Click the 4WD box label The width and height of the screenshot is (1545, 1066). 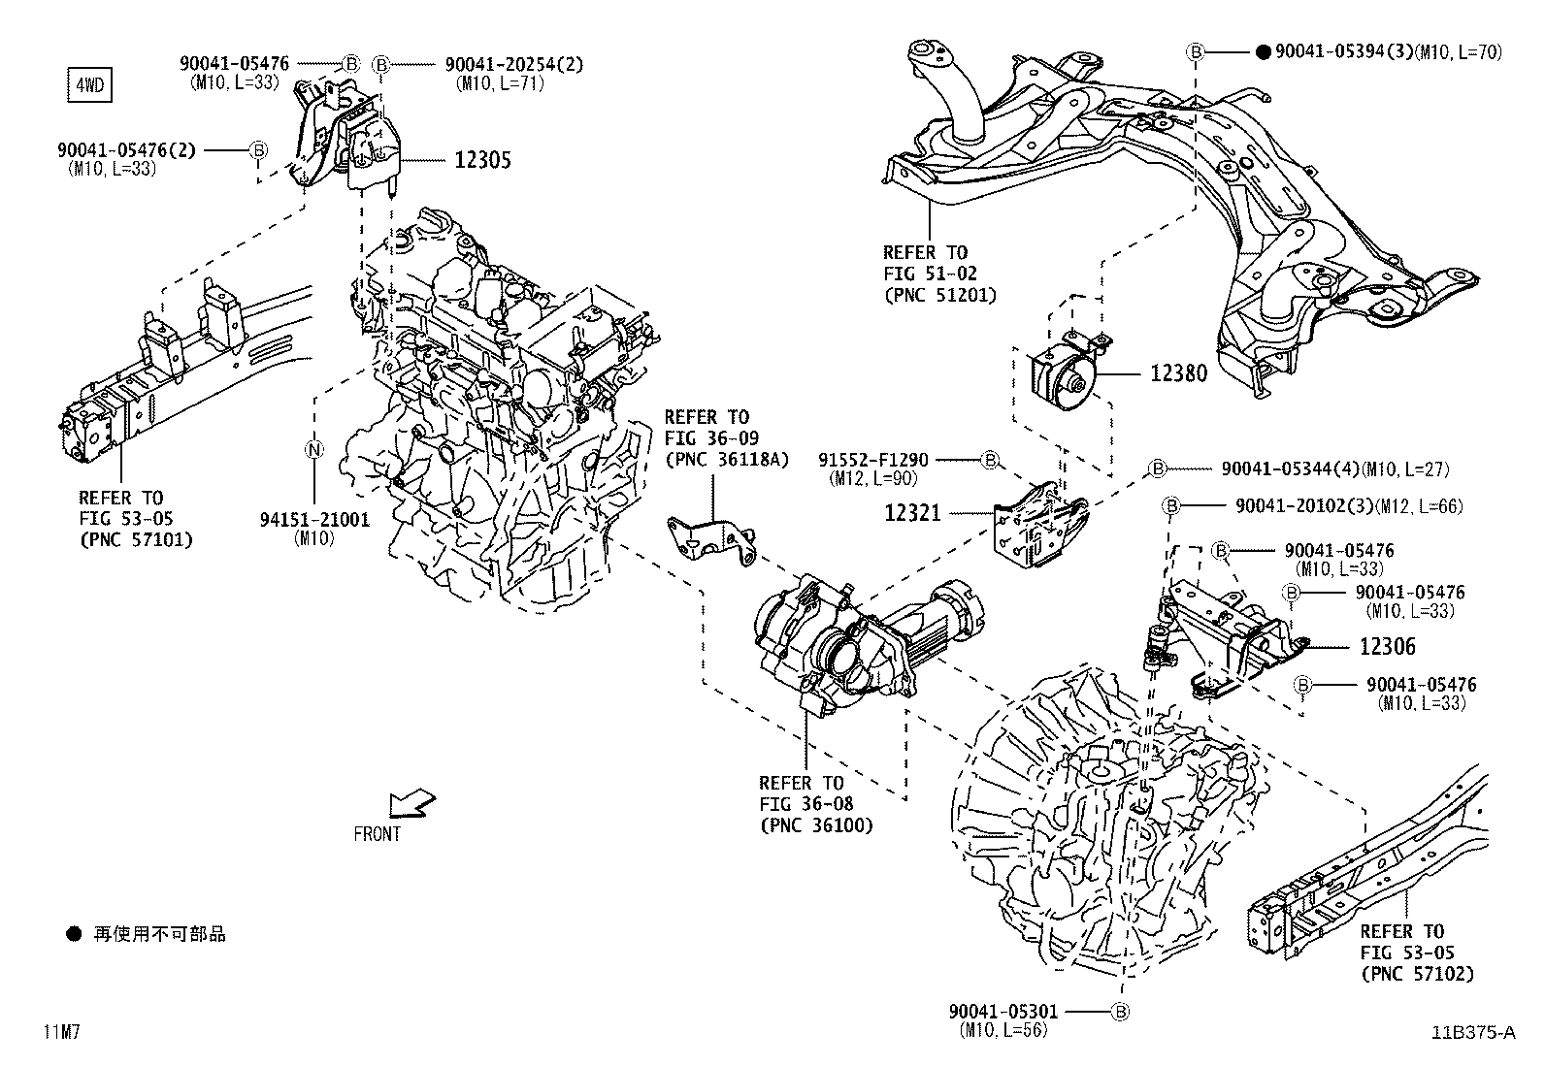tap(88, 85)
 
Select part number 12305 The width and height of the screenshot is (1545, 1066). tap(482, 161)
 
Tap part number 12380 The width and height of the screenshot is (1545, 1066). tap(1178, 373)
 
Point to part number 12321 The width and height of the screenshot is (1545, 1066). tap(912, 512)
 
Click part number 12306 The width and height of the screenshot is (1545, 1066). tap(1387, 646)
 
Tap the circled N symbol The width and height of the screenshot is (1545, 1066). tap(313, 449)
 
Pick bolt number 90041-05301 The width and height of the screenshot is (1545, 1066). tap(1003, 1011)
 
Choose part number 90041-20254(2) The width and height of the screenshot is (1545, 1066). tap(514, 64)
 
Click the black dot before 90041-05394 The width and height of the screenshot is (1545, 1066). tap(1263, 51)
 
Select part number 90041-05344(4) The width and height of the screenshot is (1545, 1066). tap(1290, 468)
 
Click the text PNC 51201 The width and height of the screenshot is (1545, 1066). tap(938, 295)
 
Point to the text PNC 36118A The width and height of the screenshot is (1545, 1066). tap(713, 459)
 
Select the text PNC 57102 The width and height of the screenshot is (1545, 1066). tap(1417, 973)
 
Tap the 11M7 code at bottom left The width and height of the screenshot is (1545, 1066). tap(60, 1032)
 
